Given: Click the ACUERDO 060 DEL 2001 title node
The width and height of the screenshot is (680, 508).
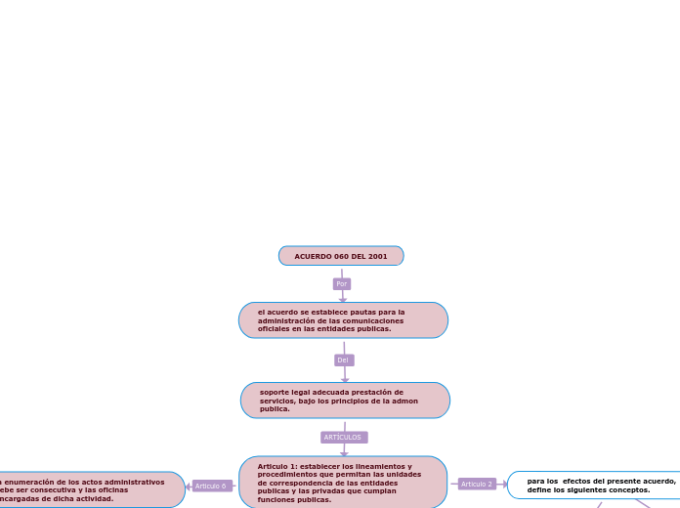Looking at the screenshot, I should (341, 256).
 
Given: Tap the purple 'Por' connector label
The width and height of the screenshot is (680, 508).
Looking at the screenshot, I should (341, 283).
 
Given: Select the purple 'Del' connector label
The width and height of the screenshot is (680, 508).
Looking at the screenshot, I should (343, 360).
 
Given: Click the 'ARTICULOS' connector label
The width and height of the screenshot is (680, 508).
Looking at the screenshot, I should (343, 437).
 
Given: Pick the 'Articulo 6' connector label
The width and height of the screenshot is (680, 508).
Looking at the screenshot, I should (211, 486).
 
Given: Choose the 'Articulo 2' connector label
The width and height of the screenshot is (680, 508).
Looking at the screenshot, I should (477, 484).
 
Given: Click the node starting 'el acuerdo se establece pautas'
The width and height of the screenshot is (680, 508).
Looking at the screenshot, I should (343, 320).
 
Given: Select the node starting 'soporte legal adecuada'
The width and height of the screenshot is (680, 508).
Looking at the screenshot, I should (345, 401).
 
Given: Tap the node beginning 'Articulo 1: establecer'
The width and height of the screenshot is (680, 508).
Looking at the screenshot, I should (343, 483).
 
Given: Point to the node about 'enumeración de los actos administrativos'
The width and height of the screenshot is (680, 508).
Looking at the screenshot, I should (88, 489).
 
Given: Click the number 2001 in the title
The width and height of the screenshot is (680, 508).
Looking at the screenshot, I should (378, 256).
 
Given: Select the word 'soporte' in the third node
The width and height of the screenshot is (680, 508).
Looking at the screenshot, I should (276, 392).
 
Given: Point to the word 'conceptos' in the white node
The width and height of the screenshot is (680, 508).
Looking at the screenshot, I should (625, 489).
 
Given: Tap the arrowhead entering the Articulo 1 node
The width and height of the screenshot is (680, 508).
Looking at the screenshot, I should (344, 452).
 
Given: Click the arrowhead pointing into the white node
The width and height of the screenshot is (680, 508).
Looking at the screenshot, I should (503, 484).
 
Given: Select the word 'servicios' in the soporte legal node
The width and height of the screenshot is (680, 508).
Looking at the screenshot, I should (278, 401).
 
